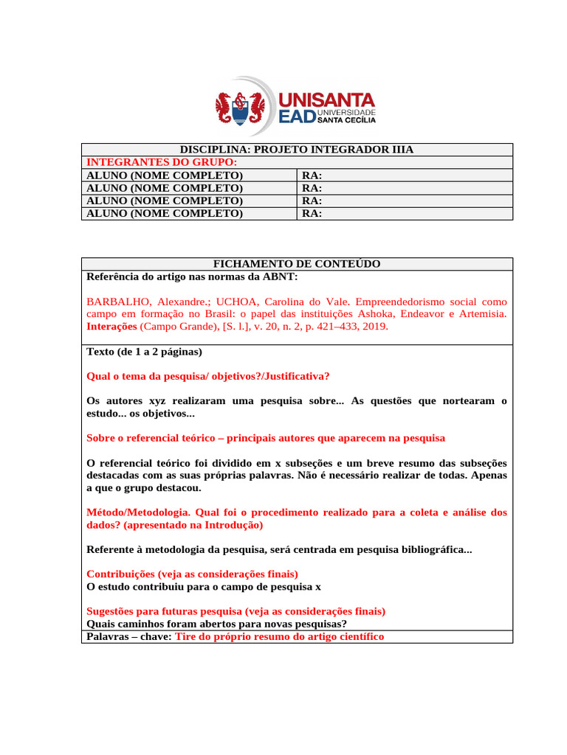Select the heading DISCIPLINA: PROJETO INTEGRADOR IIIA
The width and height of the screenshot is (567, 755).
[x=297, y=150]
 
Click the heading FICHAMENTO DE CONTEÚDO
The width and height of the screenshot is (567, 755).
[x=297, y=264]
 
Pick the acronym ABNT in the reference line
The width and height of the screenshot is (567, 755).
[x=283, y=276]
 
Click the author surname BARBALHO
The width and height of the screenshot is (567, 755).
[x=117, y=302]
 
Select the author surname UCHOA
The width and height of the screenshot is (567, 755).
[x=238, y=302]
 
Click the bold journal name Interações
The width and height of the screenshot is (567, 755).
[x=111, y=326]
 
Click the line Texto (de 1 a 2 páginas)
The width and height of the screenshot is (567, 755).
[x=144, y=352]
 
